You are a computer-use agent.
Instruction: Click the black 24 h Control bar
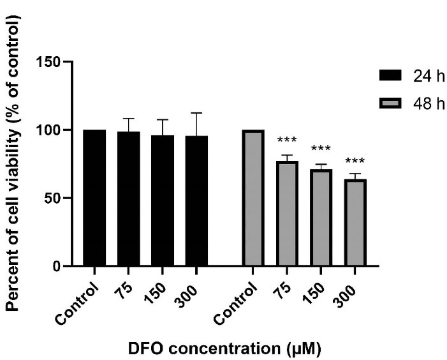coord(94,198)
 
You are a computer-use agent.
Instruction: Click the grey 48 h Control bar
coord(253,198)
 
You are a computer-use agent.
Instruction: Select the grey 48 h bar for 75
coord(287,213)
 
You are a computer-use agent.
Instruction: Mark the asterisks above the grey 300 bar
coord(355,160)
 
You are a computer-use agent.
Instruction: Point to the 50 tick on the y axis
coord(56,198)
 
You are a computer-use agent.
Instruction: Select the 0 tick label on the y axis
coord(59,266)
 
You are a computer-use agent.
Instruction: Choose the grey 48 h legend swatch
coord(391,103)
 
